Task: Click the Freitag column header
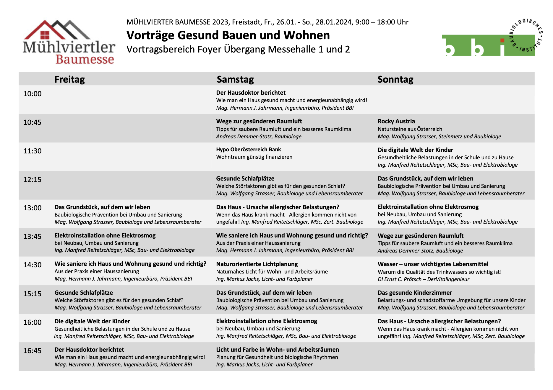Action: [x=69, y=79]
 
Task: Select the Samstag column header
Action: [x=235, y=79]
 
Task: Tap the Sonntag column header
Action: [x=395, y=79]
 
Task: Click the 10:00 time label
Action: [x=33, y=94]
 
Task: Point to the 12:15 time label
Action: [x=33, y=180]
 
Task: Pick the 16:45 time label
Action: [x=33, y=351]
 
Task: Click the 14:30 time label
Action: [x=33, y=265]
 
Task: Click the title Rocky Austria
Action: [x=396, y=121]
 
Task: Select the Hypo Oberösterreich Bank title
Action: [x=248, y=150]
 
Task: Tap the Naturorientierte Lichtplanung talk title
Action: [x=257, y=264]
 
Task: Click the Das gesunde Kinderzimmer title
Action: [x=415, y=293]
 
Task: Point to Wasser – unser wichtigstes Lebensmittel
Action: [x=433, y=264]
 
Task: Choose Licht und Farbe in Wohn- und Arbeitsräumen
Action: [x=277, y=350]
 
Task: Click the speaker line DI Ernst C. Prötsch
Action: [x=423, y=279]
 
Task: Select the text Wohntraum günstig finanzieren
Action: [x=254, y=157]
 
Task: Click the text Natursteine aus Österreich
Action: [x=410, y=129]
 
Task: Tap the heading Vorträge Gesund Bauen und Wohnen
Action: [x=228, y=35]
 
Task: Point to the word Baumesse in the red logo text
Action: [x=85, y=59]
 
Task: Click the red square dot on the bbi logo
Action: [x=502, y=40]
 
